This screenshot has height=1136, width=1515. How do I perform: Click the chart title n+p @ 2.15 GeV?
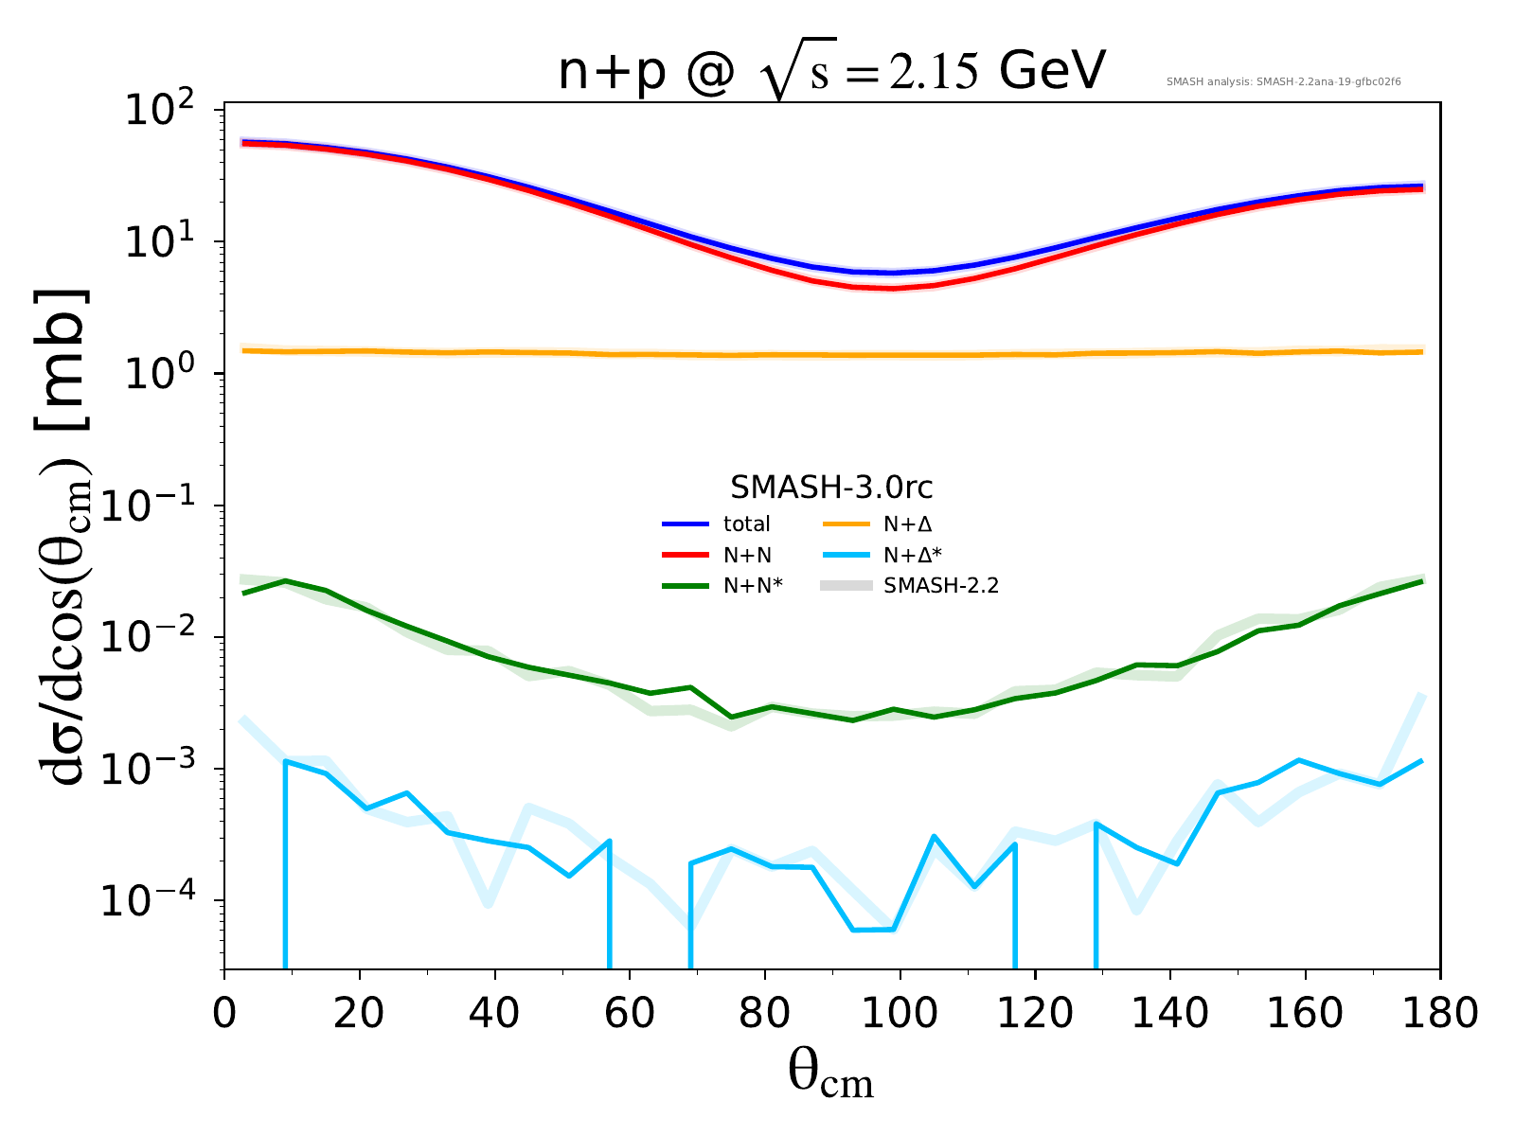[831, 74]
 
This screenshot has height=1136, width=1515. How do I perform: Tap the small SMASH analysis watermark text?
[1283, 82]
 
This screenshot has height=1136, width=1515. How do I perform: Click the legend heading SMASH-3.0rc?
[831, 488]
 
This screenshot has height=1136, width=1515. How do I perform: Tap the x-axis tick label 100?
[900, 1014]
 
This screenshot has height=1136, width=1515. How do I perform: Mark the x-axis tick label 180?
[1439, 1014]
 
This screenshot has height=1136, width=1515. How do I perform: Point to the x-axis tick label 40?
[494, 1014]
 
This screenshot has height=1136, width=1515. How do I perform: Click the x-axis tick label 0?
[224, 1014]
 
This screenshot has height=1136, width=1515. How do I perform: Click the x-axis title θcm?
[830, 1075]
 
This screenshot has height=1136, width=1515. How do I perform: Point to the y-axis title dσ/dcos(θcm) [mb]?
[66, 535]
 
